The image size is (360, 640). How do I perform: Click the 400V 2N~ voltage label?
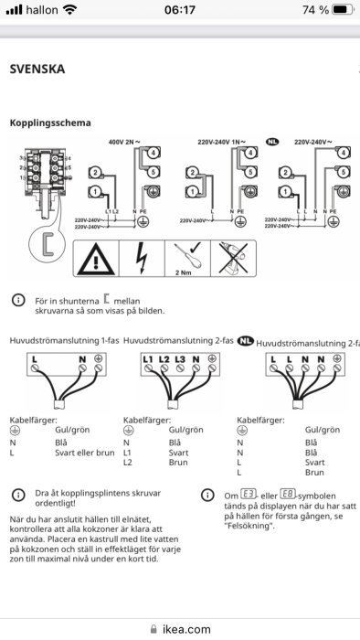click(x=127, y=143)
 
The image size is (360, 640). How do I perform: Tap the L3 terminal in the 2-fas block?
click(x=180, y=359)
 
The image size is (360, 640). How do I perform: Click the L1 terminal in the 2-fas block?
click(x=148, y=359)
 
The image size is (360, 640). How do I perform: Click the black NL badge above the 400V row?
click(x=271, y=143)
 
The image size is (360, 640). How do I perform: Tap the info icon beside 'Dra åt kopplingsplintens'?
click(x=16, y=495)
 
